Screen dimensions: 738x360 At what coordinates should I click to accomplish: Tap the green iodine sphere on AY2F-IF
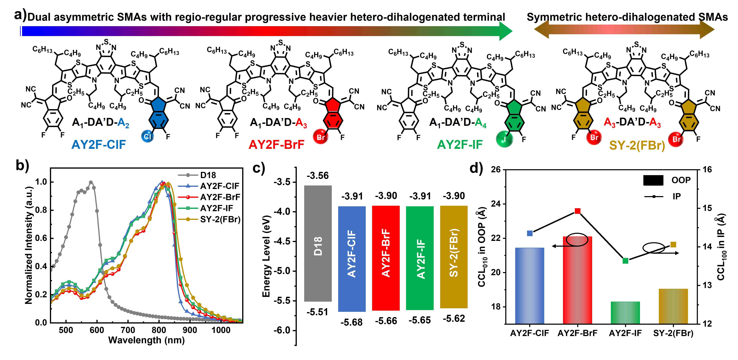coord(505,139)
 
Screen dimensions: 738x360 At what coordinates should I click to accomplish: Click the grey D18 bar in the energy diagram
coord(318,243)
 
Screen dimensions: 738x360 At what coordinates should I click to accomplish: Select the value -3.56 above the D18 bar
coord(318,175)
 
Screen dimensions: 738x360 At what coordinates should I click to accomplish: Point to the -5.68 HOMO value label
coord(352,322)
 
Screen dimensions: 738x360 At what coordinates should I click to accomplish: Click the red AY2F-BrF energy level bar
coord(386,258)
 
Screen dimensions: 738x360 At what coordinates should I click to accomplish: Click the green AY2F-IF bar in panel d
coord(625,313)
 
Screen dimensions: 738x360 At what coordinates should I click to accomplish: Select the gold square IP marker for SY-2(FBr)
coord(673,244)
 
